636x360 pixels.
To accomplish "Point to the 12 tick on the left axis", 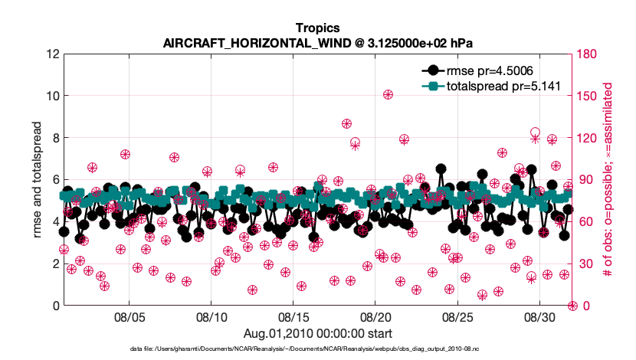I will click(52, 54).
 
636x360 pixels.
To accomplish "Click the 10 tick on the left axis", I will click(52, 97).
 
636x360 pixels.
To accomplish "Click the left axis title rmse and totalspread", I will click(38, 180).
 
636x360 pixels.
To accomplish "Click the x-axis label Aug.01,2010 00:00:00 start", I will click(318, 333).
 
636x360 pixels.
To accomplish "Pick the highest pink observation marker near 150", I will click(388, 95).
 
